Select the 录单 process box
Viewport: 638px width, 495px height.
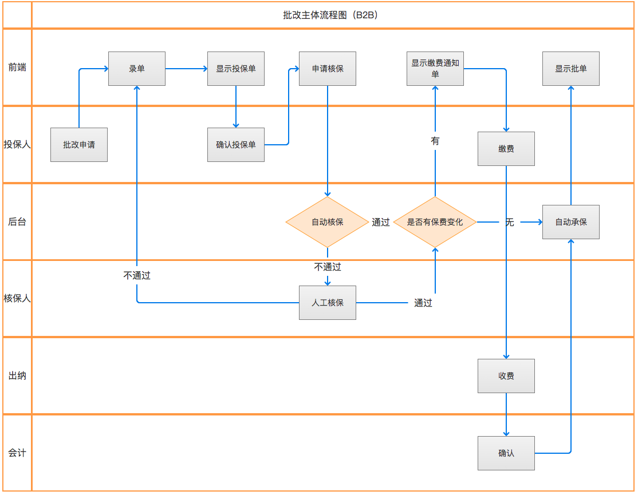(x=137, y=69)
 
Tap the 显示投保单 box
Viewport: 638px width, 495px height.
(x=236, y=69)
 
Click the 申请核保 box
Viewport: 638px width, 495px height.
(x=328, y=69)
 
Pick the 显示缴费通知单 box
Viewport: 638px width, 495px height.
(x=435, y=69)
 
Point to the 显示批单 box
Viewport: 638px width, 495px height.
(x=571, y=69)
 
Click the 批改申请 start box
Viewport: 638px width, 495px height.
(x=79, y=145)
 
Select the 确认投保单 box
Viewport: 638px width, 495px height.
(x=236, y=145)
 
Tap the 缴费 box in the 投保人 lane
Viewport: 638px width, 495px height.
(x=506, y=149)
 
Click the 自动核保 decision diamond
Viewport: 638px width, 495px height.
(x=328, y=222)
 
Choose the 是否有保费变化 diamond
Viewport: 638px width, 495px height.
(x=435, y=222)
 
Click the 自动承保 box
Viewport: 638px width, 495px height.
(x=571, y=222)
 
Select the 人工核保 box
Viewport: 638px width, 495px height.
(x=328, y=303)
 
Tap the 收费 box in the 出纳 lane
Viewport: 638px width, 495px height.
(x=506, y=376)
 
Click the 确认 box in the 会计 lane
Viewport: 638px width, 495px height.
(x=506, y=453)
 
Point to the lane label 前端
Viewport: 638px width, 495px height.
(x=17, y=67)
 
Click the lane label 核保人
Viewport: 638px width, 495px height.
(x=17, y=298)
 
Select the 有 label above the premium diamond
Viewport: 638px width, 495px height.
(x=435, y=141)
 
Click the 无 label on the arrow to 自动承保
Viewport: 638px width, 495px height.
(x=510, y=222)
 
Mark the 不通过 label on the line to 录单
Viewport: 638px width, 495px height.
(x=137, y=275)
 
